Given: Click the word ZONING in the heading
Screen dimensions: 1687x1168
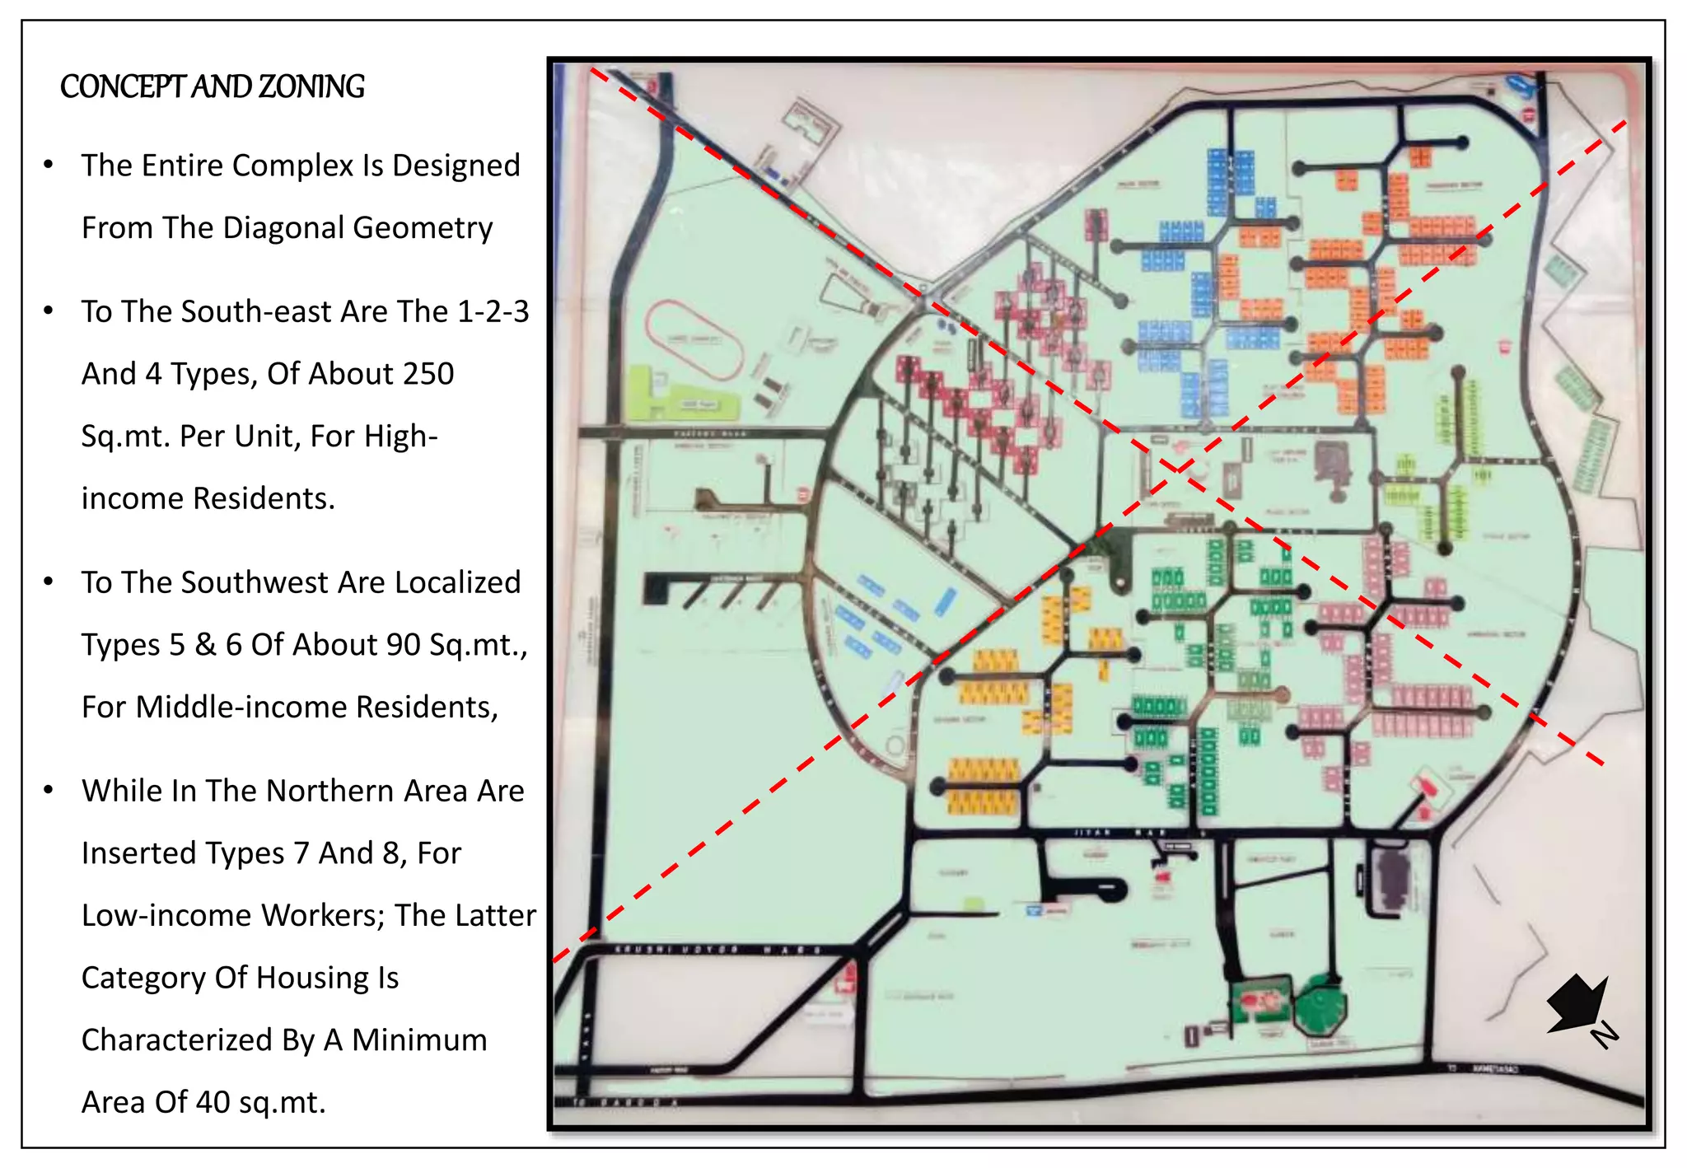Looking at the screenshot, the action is (x=311, y=86).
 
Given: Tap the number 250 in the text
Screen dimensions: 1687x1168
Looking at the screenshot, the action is (x=423, y=374).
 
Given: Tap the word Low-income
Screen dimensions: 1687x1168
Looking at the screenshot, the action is (x=145, y=916).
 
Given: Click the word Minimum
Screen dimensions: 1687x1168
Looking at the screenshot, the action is (x=418, y=1040).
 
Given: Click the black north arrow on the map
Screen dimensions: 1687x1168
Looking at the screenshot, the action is (x=1575, y=1002).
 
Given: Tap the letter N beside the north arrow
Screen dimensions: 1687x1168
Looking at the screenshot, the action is (x=1604, y=1035).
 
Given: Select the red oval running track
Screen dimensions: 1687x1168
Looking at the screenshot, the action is (x=694, y=339).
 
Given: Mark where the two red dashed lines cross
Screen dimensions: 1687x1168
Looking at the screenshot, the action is (x=1179, y=468).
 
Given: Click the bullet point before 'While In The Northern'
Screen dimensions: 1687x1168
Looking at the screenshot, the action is (x=49, y=790).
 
